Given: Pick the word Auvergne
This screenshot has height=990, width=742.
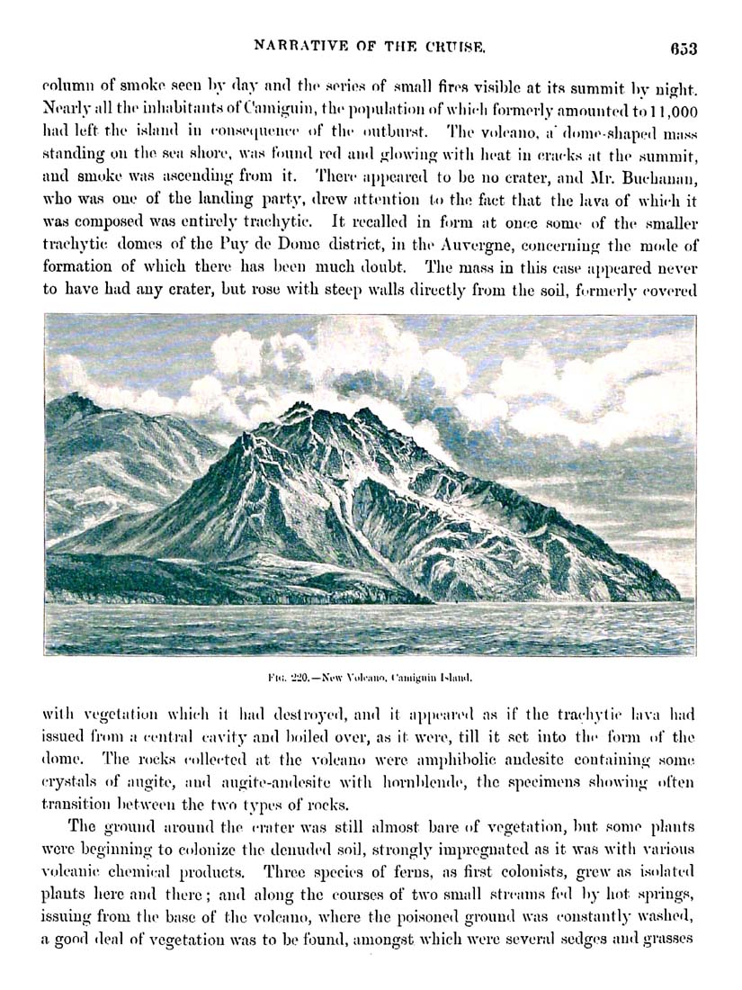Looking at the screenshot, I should click(x=485, y=245).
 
